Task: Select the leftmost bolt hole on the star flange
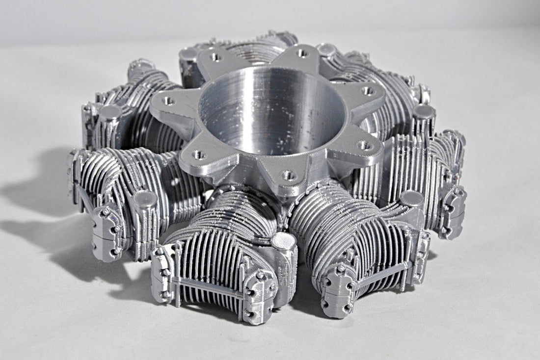(x=168, y=101)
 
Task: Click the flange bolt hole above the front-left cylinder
(x=199, y=155)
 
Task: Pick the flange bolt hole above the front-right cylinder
(x=363, y=145)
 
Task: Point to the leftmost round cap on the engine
(x=110, y=112)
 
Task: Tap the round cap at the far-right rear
(x=423, y=112)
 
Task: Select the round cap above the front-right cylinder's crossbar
(x=411, y=198)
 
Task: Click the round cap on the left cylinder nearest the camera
(x=144, y=199)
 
